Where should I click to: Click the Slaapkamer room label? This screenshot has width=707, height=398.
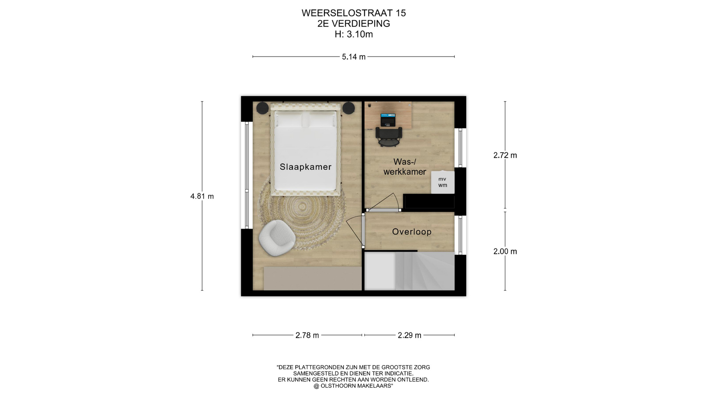click(x=306, y=167)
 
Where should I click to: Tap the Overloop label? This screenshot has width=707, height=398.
click(x=412, y=232)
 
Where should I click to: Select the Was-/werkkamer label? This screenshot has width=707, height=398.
click(x=405, y=167)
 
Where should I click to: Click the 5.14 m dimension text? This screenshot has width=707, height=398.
click(x=353, y=57)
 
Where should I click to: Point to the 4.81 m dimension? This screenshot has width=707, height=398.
click(x=202, y=196)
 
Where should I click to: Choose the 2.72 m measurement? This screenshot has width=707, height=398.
click(x=505, y=155)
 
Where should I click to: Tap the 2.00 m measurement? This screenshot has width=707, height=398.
click(x=505, y=251)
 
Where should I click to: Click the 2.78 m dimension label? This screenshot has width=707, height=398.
click(x=307, y=335)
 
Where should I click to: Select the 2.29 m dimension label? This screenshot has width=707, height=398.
click(x=409, y=335)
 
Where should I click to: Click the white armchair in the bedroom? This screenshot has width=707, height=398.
click(x=277, y=238)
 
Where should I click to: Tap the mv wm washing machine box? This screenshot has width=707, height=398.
click(x=443, y=182)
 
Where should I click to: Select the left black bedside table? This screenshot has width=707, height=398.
click(x=263, y=108)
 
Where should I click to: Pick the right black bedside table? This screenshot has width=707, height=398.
click(x=348, y=108)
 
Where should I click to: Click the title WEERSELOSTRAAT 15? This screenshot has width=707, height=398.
click(x=353, y=13)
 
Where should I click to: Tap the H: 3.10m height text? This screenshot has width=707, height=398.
click(x=353, y=34)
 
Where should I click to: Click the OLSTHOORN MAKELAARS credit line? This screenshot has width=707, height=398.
click(x=353, y=386)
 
